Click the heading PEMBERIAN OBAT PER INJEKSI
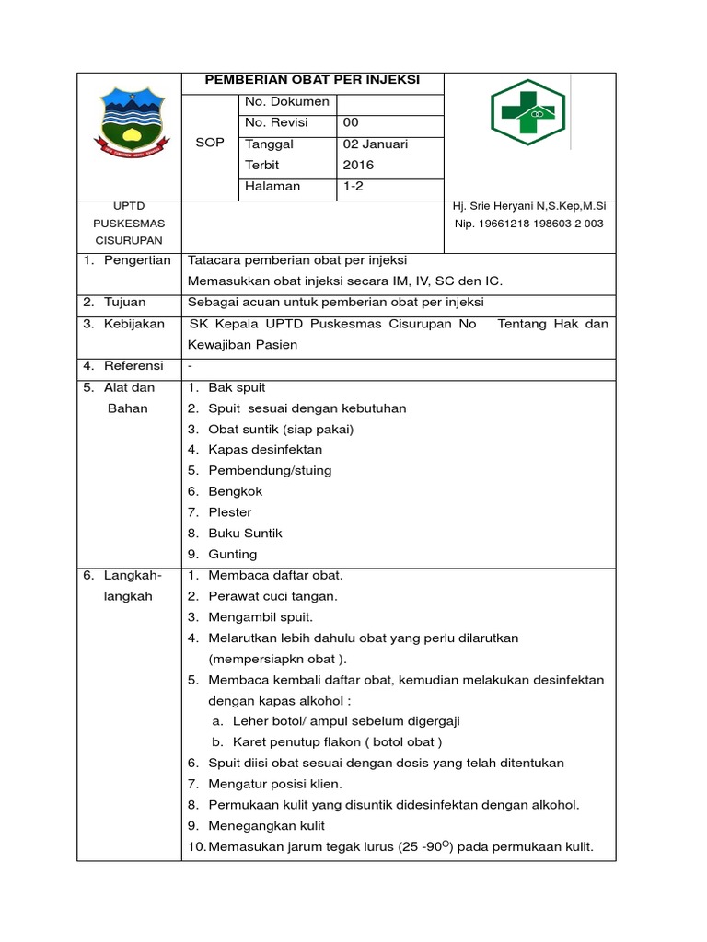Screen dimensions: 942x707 (313, 80)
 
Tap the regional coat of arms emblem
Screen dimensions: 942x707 (130, 122)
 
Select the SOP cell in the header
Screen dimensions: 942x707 (210, 143)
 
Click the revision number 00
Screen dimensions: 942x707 (352, 122)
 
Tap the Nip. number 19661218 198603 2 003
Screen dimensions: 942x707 (529, 224)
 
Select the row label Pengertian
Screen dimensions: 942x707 (137, 260)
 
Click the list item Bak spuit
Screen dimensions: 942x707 (237, 387)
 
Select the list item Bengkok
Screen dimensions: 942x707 (235, 491)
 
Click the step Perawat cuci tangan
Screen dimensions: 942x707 (272, 596)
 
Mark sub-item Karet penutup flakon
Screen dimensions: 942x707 (337, 741)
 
